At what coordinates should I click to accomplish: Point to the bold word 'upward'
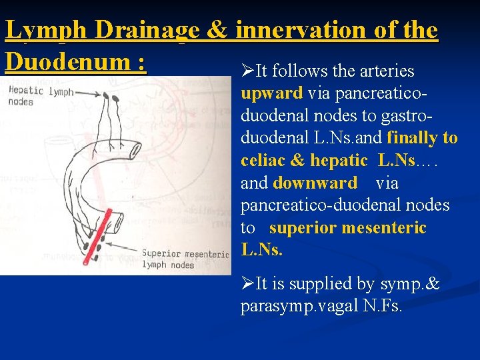point(272,93)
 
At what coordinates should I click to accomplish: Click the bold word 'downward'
point(315,183)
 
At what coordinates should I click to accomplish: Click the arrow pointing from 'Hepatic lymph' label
point(87,93)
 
